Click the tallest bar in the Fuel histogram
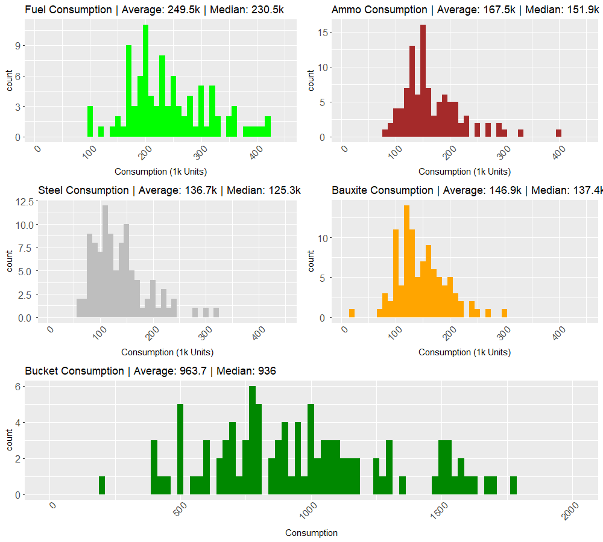point(145,81)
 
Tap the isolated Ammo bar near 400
point(558,133)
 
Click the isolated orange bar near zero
point(352,313)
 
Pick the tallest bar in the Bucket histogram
point(252,440)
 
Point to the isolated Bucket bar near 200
point(102,485)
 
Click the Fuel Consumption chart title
point(154,10)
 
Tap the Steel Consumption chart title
point(169,190)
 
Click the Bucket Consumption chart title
point(150,371)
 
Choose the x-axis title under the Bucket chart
point(311,533)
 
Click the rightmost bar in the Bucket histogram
point(513,485)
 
